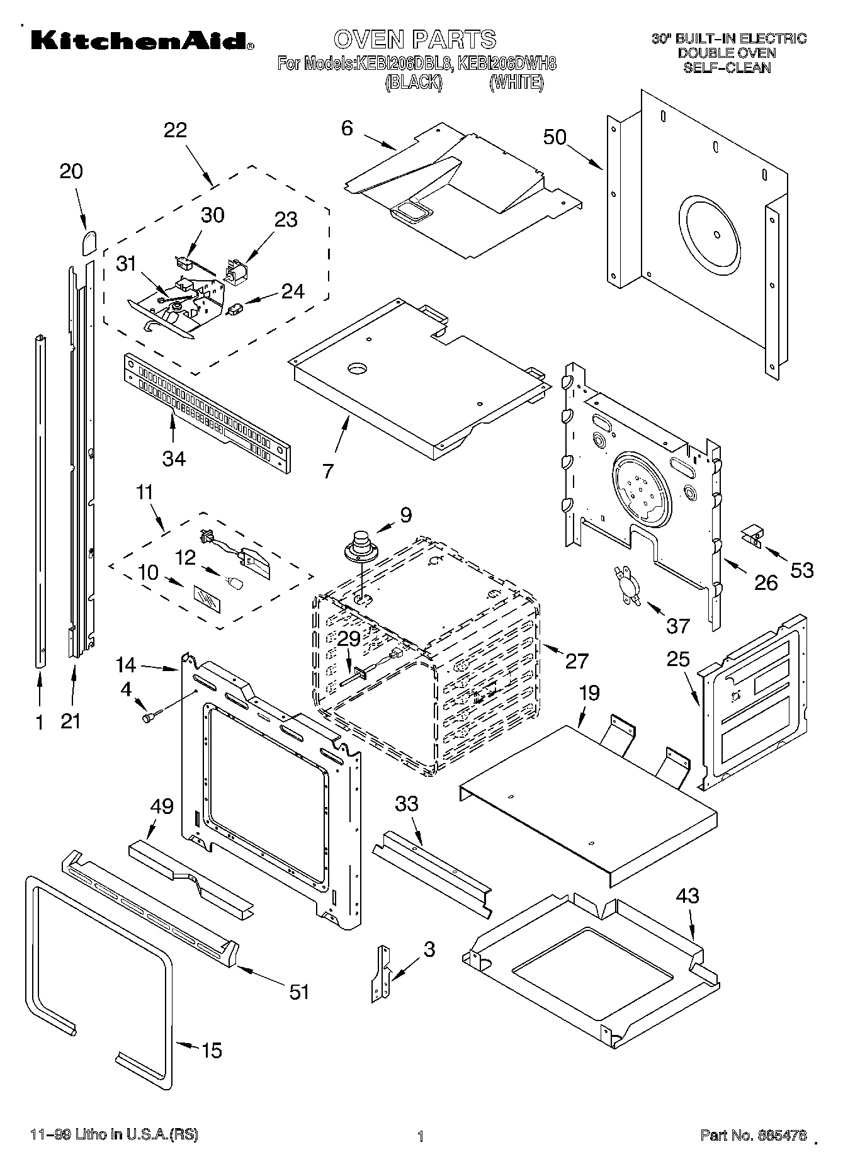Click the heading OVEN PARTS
click(415, 39)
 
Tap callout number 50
click(555, 137)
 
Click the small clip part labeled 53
click(752, 536)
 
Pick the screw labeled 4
click(152, 716)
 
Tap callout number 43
click(687, 895)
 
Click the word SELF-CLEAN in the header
click(727, 67)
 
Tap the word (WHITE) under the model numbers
click(516, 82)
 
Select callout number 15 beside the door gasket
click(212, 1050)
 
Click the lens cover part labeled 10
click(207, 596)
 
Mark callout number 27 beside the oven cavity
click(577, 660)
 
